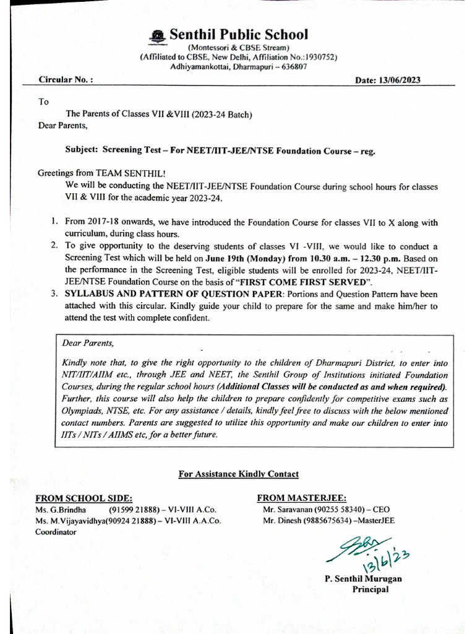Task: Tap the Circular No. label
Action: coord(66,80)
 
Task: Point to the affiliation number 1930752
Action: coord(316,57)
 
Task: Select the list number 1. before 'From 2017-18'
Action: coord(55,221)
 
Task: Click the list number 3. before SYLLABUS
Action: coord(55,293)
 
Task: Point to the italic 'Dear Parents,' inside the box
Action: coord(88,342)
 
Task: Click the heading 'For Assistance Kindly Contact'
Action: coord(238,474)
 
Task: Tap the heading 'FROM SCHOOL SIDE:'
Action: coord(83,498)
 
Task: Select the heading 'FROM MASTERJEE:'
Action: coord(301,498)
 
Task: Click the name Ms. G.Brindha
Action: coord(61,510)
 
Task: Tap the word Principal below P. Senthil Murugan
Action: coord(370,589)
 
